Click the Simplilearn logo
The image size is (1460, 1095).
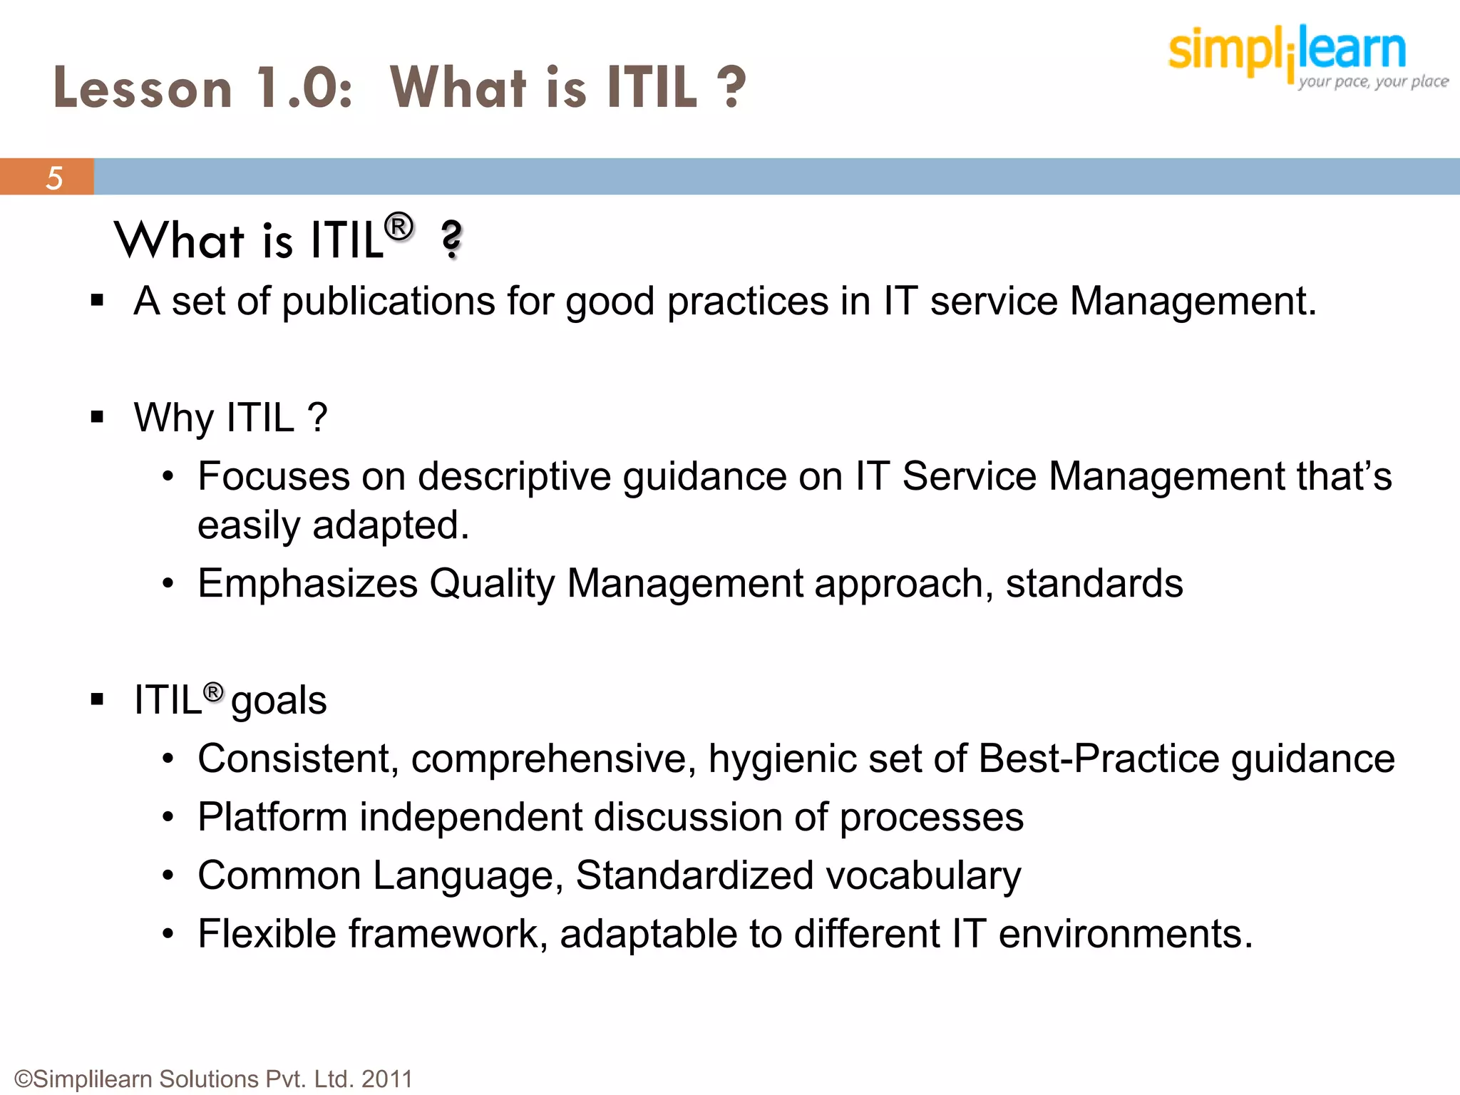[1287, 50]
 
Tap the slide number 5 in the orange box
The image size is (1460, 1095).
[54, 178]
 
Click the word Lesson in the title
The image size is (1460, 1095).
[143, 88]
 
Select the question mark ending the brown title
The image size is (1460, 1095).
[731, 88]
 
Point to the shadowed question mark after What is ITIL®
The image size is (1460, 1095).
[451, 240]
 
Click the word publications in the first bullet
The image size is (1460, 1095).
[389, 302]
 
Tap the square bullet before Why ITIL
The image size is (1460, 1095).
[98, 417]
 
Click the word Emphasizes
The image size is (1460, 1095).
[307, 584]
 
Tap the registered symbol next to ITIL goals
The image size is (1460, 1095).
[213, 692]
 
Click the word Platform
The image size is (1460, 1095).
[272, 817]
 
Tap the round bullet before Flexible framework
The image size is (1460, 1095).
[168, 934]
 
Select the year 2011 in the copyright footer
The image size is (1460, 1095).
[387, 1079]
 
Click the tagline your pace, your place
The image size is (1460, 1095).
[1372, 81]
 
